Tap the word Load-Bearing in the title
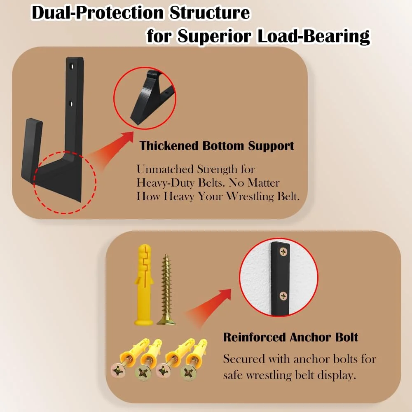(313, 37)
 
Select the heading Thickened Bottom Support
(217, 146)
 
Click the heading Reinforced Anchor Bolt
(290, 337)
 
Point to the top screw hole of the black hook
(73, 66)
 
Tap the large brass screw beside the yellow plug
(166, 290)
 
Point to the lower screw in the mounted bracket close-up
(283, 295)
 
